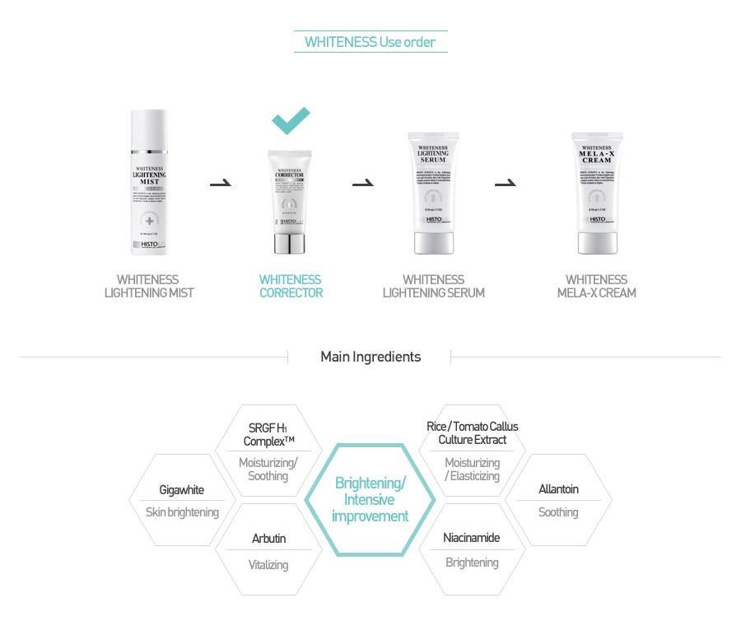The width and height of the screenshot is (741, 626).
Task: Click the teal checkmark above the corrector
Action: (291, 120)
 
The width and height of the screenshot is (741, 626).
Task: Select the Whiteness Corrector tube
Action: (289, 201)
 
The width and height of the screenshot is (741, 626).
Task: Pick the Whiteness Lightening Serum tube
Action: (433, 193)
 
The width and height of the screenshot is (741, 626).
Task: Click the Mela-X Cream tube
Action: (597, 193)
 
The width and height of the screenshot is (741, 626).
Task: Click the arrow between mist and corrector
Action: (220, 183)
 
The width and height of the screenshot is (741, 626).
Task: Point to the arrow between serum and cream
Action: (505, 183)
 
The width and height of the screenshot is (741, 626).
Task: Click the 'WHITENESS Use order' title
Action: (370, 42)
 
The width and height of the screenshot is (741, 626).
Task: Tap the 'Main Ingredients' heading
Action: (370, 357)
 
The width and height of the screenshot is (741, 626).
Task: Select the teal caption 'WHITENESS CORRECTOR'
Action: (291, 286)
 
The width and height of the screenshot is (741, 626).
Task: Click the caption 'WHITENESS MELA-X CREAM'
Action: (596, 286)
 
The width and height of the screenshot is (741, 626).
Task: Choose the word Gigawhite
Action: (181, 490)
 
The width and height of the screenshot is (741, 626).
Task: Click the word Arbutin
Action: (268, 539)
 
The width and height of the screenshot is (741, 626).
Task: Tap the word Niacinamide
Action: (471, 538)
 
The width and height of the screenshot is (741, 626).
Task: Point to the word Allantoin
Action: (558, 489)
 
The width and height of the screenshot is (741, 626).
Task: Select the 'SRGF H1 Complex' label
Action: (268, 434)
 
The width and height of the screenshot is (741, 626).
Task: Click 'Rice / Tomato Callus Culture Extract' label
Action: (472, 433)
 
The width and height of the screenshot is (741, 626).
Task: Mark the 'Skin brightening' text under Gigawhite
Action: (182, 512)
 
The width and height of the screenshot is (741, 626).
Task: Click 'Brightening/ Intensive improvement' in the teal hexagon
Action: (370, 499)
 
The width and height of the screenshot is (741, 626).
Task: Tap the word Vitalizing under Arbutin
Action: (268, 565)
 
